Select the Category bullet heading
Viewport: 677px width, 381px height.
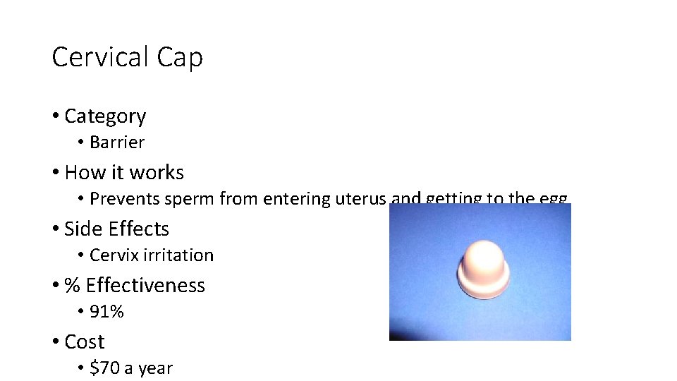(x=105, y=116)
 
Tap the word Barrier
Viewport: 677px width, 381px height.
(x=117, y=143)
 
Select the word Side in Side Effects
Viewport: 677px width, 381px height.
(x=79, y=229)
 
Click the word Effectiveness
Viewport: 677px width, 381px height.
(x=145, y=286)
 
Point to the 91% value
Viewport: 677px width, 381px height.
(x=106, y=312)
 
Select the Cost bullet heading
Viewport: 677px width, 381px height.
(x=84, y=342)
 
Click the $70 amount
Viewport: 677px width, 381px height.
(x=103, y=368)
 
